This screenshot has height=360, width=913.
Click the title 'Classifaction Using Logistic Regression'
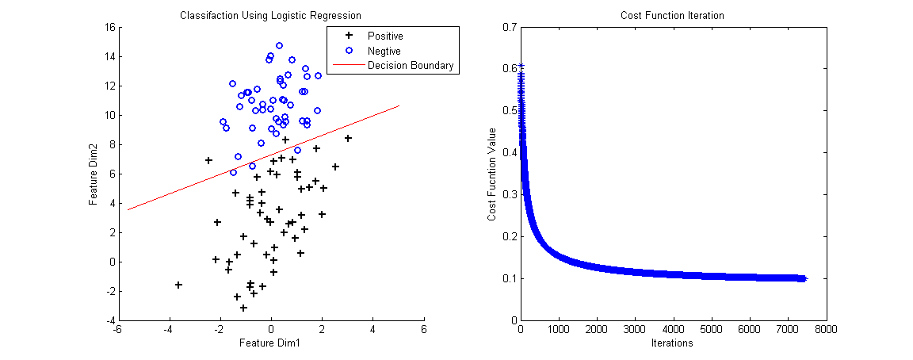pos(270,15)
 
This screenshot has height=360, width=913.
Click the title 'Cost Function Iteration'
pos(672,15)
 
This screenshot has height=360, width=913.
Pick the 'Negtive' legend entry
pos(384,51)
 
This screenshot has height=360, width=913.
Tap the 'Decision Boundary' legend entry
pos(410,66)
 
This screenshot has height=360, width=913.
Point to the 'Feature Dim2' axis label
pos(94,173)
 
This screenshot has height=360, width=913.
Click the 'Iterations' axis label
pos(672,343)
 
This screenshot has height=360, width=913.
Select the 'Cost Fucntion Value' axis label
pos(492,173)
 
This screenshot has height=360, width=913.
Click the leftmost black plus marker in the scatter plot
pos(178,285)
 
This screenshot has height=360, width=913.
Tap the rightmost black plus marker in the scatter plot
pos(348,138)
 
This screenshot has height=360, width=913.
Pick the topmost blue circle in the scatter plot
pos(279,46)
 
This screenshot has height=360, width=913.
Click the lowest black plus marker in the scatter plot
pos(243,308)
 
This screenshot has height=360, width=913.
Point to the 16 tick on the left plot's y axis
pos(109,27)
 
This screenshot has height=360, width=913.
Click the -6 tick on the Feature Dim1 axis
pos(118,329)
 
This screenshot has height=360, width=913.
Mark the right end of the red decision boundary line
pos(399,105)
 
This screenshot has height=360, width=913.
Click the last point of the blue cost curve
pos(804,278)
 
